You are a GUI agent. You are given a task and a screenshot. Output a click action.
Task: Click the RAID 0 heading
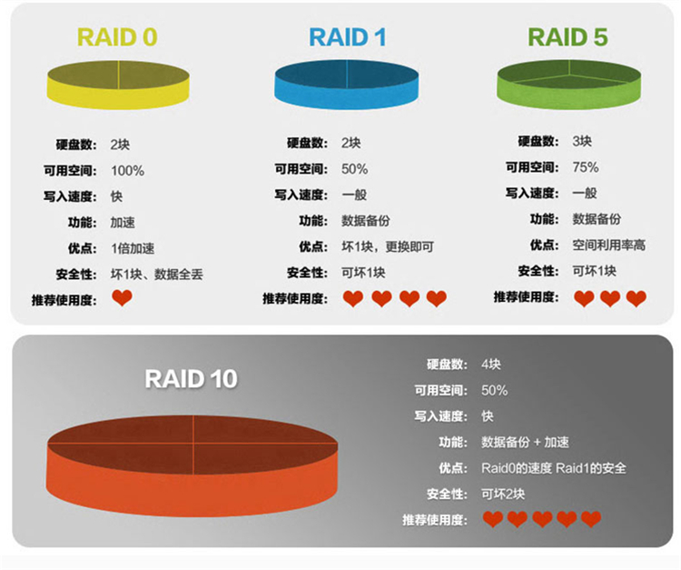pos(117,37)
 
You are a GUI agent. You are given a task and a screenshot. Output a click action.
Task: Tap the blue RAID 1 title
pos(348,37)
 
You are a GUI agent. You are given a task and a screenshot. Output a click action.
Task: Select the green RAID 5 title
pos(567,37)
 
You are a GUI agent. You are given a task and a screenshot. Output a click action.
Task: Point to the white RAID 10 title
pos(191,379)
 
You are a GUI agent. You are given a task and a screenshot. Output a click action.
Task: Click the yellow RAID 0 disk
pos(118,85)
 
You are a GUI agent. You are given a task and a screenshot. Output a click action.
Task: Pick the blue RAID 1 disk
pos(347,85)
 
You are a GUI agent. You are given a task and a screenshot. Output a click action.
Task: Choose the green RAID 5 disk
pos(569,85)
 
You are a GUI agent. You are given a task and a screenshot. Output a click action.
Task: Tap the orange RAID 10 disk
pos(192,466)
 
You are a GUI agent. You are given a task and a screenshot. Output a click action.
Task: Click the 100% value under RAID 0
pos(127,170)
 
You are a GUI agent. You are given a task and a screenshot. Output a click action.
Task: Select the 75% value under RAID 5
pos(586,167)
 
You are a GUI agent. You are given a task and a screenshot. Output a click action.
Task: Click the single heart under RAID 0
pos(122,298)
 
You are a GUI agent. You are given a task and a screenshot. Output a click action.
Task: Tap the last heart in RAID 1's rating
pos(437,299)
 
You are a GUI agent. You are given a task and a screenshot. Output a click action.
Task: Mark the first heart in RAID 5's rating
pos(584,299)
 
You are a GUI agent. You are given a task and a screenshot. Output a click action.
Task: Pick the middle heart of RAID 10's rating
pos(542,519)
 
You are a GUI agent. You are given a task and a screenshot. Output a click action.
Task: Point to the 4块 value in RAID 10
pos(490,364)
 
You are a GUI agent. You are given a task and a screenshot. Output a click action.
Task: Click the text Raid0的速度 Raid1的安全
pos(554,468)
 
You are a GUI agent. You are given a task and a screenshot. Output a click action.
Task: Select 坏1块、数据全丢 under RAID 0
pos(157,275)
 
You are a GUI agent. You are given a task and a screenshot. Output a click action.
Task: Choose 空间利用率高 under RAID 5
pos(609,245)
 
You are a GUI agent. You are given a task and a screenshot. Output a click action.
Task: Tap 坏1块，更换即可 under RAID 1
pos(388,247)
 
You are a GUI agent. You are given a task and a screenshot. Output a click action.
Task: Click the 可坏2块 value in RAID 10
pos(503,494)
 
